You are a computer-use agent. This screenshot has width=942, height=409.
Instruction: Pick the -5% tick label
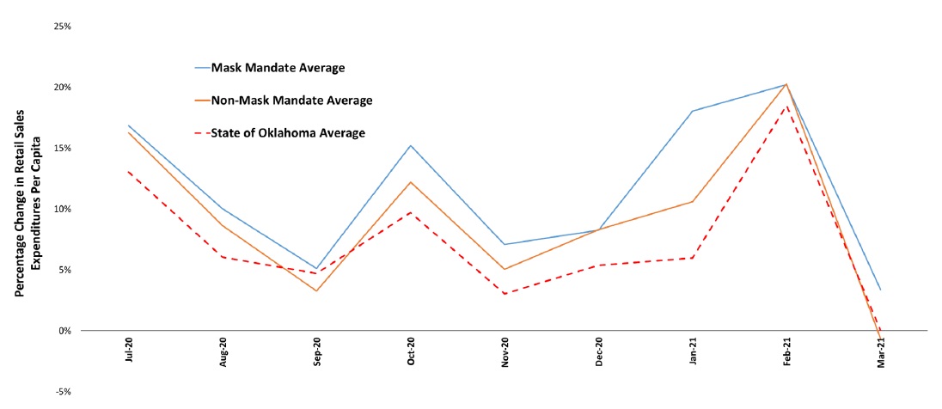tap(64, 392)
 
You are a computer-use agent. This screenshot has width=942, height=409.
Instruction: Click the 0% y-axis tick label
tap(64, 331)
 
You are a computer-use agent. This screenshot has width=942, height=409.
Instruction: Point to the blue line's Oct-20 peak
tap(411, 145)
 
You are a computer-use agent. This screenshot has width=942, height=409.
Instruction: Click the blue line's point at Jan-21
tap(693, 111)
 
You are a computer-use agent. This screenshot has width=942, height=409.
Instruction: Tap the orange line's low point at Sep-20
tap(317, 290)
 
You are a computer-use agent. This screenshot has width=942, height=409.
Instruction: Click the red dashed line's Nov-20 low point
tap(505, 294)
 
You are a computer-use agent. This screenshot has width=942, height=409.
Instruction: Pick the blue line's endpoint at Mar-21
tap(880, 290)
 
